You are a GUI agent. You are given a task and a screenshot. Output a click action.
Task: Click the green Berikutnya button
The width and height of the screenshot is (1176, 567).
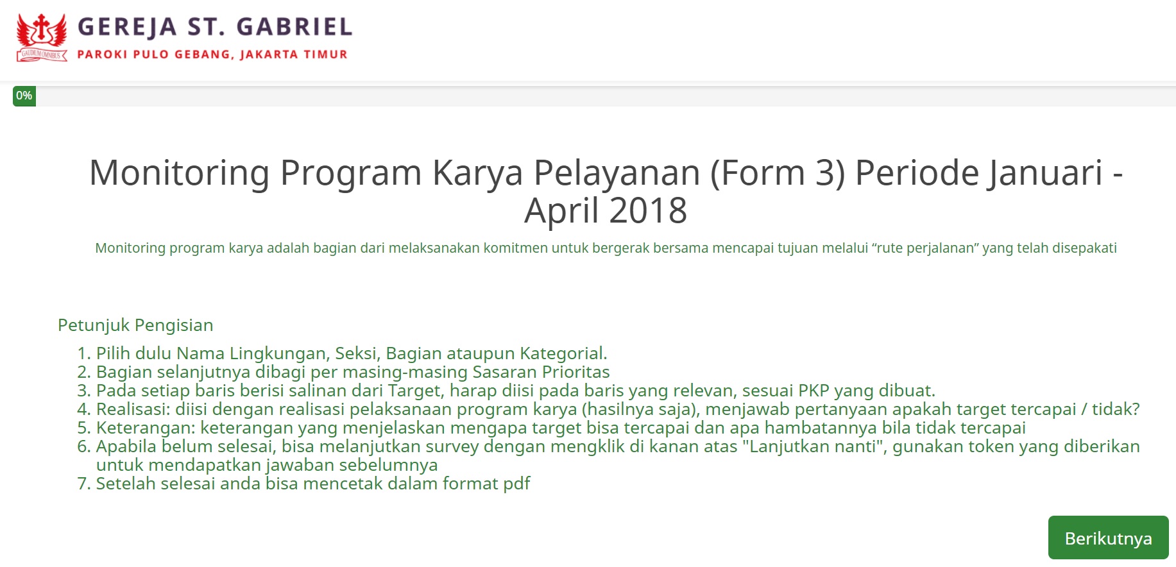1108,537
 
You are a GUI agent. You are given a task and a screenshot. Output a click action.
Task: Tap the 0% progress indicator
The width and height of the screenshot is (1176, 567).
24,96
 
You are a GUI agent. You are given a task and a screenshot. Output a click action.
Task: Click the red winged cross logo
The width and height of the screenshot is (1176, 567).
42,38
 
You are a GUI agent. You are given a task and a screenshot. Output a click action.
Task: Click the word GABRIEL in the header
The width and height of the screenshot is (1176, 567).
294,27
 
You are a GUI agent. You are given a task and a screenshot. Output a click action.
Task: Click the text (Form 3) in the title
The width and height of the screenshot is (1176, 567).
777,173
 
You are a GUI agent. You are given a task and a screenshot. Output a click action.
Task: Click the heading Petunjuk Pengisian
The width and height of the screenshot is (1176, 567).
135,325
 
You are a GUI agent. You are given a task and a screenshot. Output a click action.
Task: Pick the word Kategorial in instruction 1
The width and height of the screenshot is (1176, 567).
563,353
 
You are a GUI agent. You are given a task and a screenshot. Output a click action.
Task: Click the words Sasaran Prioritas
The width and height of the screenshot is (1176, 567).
541,372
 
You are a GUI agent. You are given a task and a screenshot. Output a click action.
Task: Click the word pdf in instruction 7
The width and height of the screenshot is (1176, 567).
516,484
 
